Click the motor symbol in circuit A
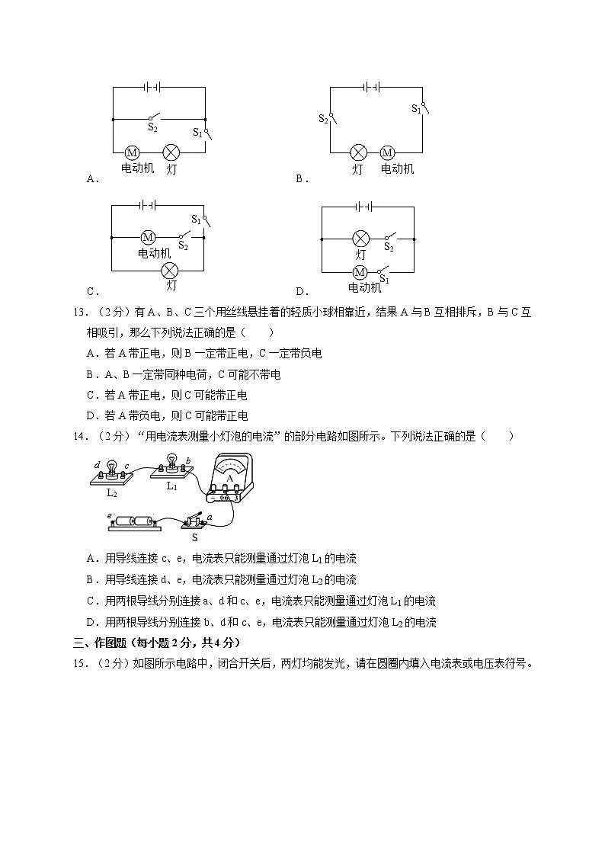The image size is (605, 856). (x=131, y=152)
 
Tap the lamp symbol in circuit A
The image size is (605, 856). (x=171, y=152)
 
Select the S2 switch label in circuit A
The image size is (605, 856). (x=152, y=128)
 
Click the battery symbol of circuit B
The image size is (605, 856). (x=372, y=87)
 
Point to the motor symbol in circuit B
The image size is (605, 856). (x=387, y=152)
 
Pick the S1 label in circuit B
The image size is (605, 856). (x=416, y=109)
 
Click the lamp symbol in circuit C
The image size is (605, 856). (x=171, y=270)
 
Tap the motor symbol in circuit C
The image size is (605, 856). (x=148, y=238)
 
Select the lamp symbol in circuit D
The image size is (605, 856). (x=360, y=239)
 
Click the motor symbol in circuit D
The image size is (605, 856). (x=360, y=272)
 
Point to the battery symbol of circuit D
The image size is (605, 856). (x=363, y=206)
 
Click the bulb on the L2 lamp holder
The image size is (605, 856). (x=111, y=466)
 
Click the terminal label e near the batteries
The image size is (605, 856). (x=110, y=516)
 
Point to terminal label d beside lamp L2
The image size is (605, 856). (x=97, y=464)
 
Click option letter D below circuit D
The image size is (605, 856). (x=301, y=290)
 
